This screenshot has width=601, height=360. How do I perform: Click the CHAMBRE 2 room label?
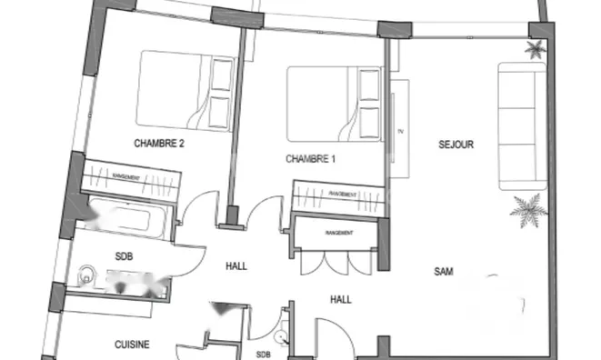159,143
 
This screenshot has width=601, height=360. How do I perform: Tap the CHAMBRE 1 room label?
311,159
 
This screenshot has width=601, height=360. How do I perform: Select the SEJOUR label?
456,144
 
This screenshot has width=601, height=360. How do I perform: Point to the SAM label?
444,271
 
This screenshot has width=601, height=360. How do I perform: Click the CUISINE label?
132,345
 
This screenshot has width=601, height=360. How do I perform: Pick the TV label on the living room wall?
398,133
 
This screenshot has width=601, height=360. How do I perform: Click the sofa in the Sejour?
522,125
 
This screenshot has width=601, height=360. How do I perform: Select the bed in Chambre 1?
334,102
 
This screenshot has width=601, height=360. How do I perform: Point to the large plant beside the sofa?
527,212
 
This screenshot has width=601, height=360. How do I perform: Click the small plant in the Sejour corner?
536,49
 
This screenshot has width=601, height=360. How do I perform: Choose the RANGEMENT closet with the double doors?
338,233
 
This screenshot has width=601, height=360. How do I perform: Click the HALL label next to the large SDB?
236,266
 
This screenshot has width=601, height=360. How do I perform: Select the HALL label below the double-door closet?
341,298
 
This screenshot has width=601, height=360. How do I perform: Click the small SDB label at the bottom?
263,354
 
